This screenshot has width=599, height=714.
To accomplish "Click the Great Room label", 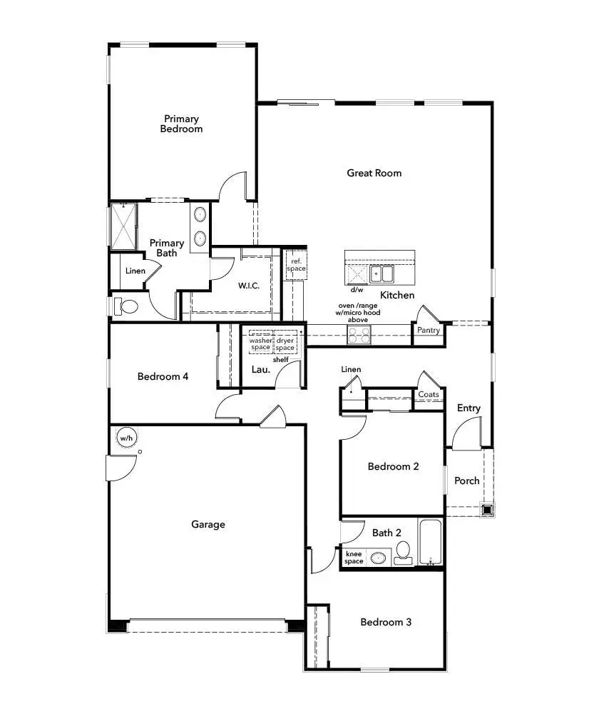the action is coord(374,173).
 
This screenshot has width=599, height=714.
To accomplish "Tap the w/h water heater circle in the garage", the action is coord(126,438).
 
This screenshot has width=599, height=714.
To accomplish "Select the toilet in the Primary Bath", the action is coord(126,306).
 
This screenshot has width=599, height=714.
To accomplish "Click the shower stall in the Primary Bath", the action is coord(123,226).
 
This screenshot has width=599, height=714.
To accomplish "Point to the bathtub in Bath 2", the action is coord(430,542).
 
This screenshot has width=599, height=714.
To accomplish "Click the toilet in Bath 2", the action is coord(403,553).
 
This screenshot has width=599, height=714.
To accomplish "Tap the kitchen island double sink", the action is coord(382,275).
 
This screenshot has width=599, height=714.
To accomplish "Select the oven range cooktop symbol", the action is coord(359,335).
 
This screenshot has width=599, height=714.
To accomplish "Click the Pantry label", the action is coord(429,330).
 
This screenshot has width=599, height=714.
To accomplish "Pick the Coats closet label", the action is coord(429,394).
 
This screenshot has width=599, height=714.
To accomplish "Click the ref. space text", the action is coord(296,265).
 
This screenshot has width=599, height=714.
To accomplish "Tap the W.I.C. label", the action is coord(249,286).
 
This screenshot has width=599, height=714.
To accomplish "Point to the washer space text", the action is coord(260,344).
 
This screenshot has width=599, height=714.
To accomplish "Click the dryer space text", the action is coord(285,344).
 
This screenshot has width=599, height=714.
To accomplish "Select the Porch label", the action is coord(467,481).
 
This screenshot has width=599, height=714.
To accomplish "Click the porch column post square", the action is coord(487,509).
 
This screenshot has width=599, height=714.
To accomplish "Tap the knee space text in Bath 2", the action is coord(354,558).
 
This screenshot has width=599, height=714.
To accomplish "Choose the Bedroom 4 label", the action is coord(163,376).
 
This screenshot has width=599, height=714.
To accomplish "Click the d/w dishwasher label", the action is coord(357,290).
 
